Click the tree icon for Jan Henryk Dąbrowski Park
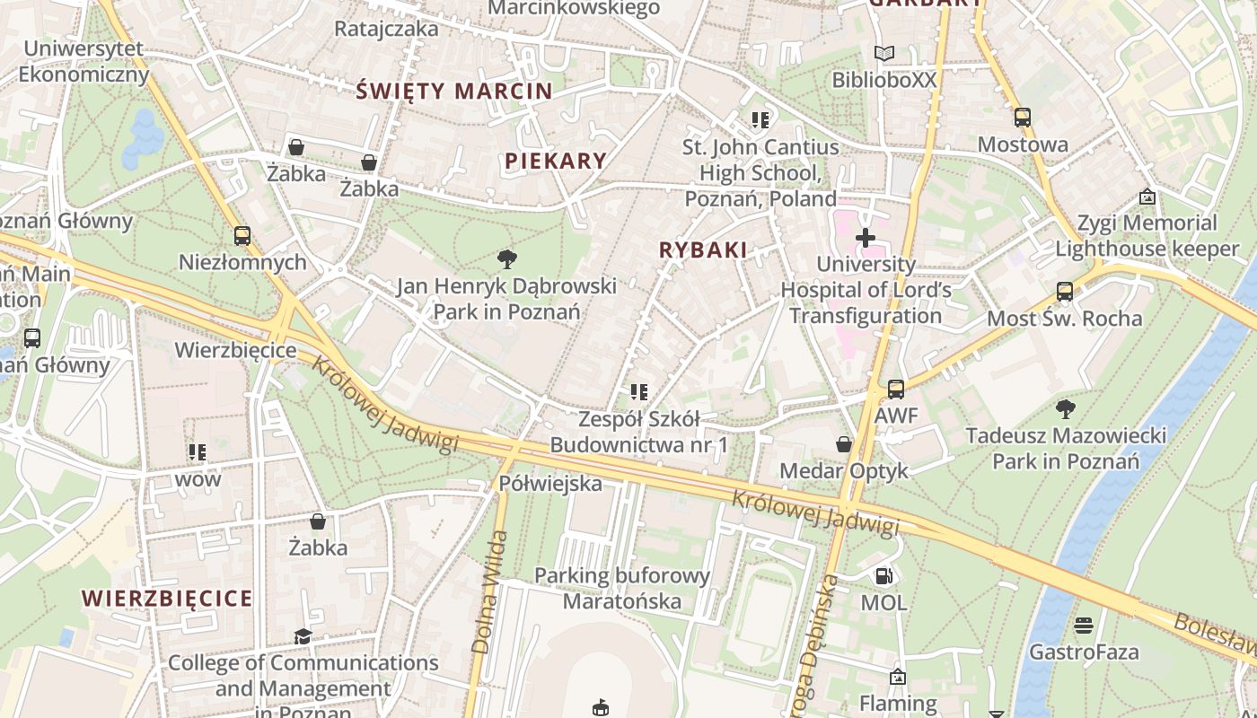pos(507,260)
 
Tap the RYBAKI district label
pos(703,250)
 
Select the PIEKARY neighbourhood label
pos(556,161)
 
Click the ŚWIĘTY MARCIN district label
pos(454,91)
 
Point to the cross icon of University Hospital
pos(866,238)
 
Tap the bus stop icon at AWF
pos(895,390)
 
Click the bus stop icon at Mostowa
pos(1022,118)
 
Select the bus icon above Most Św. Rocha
pos(1064,292)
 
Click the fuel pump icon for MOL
pos(884,576)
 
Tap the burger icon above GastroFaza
pos(1084,625)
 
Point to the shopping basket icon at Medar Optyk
pos(844,444)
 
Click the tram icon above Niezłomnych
pos(242,236)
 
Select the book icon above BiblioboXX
pos(884,54)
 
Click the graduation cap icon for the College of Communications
pos(303,636)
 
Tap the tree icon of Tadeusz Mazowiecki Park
pos(1066,409)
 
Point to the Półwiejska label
pos(550,484)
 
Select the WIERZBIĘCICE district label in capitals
pos(167,598)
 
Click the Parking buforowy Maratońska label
pos(622,588)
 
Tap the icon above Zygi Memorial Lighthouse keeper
pos(1147,196)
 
